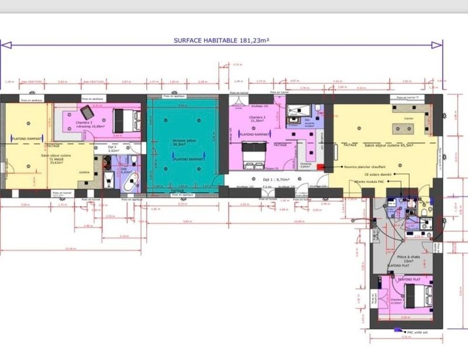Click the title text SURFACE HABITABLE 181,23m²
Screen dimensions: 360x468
(221, 40)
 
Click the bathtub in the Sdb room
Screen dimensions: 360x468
(129, 183)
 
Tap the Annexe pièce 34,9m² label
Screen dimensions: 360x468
(183, 143)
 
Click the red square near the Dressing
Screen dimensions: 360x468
(319, 167)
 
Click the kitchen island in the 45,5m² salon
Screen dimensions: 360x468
(404, 128)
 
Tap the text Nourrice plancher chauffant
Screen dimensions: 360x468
(370, 166)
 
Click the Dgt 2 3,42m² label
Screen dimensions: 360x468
(113, 149)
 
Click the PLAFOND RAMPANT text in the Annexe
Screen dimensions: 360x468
(188, 159)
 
